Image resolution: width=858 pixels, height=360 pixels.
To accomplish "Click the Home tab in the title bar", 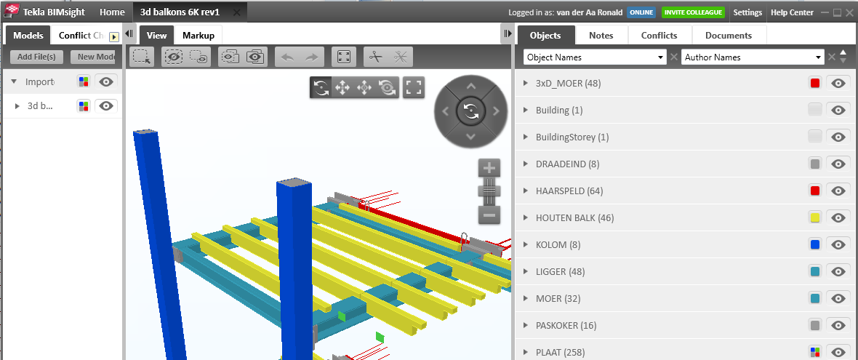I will [112, 12].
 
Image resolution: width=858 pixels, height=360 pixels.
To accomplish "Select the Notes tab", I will [601, 35].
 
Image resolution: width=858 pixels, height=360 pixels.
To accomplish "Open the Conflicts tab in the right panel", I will [659, 35].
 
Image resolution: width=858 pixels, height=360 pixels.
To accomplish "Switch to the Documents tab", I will [728, 35].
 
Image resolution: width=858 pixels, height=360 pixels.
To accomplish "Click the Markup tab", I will [198, 35].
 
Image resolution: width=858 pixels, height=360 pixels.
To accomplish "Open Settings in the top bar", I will [747, 12].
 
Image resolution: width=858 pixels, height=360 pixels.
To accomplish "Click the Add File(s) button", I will [37, 57].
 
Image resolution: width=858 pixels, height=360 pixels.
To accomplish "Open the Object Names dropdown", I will [595, 57].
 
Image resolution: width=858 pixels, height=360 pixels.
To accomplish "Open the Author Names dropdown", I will [753, 57].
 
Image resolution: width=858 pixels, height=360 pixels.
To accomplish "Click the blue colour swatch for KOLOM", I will [815, 244].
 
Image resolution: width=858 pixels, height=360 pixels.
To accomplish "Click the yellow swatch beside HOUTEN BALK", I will [815, 217].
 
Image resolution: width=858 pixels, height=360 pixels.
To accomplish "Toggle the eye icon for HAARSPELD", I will [838, 191].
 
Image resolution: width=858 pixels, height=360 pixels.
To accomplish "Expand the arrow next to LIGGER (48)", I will [525, 271].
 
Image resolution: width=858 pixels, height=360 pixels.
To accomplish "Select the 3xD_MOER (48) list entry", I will [568, 84].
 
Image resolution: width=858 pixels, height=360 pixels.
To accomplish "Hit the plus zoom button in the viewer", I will [489, 168].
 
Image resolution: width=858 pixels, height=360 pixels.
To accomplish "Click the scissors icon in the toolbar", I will [375, 57].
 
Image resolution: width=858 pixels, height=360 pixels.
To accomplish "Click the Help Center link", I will [792, 12].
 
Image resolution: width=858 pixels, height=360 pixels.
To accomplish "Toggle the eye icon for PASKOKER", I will [838, 325].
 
